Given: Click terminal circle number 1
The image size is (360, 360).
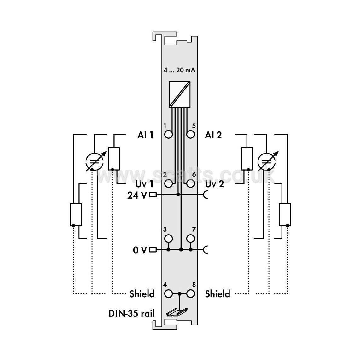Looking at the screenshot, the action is [169, 135].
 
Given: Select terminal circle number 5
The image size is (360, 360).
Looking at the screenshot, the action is [191, 135].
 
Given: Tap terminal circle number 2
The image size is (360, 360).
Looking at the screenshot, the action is [169, 183].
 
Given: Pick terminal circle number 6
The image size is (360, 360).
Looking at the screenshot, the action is [191, 183].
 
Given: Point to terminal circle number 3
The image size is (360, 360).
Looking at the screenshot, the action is [169, 239].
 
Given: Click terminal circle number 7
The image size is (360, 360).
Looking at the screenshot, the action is [191, 239].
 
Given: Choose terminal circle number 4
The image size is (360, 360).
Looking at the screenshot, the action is [169, 294].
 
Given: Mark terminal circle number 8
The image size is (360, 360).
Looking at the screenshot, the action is [191, 294].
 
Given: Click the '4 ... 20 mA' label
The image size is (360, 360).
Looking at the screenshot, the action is [179, 70].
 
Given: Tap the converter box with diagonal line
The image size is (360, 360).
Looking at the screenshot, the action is [180, 94].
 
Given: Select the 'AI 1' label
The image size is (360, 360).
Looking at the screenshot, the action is [145, 135].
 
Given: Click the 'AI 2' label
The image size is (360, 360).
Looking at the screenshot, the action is [213, 135].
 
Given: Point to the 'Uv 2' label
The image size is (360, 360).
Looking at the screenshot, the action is [214, 184].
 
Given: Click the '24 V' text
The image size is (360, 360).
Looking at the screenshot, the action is [137, 195].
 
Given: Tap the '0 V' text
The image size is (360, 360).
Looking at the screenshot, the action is [140, 250].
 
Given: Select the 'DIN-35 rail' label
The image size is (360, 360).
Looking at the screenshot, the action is [131, 313].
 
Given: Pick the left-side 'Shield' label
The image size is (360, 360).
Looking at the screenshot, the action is [142, 294].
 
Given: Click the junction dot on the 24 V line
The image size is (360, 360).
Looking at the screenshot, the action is [178, 195].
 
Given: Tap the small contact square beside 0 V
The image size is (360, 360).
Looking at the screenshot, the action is [153, 250].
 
